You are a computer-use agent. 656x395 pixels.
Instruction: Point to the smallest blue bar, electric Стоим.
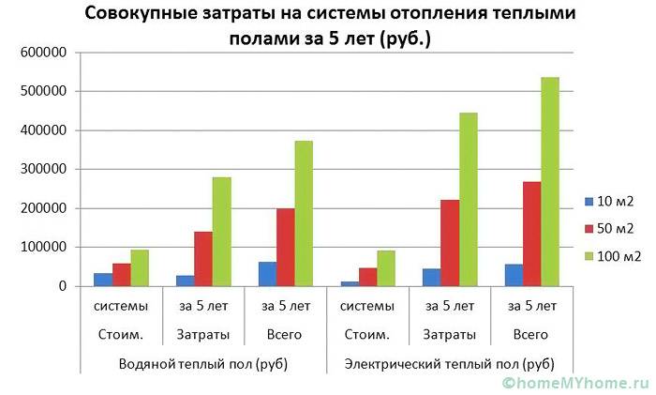[x=349, y=282]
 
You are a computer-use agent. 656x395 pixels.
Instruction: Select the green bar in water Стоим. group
[x=140, y=267]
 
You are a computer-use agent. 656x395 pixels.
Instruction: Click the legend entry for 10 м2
[x=609, y=201]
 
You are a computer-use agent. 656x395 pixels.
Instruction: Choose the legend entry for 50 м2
[x=609, y=228]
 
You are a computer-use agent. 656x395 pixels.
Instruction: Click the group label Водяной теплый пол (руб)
[x=203, y=363]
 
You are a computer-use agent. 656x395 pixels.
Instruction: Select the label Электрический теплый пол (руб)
[x=450, y=363]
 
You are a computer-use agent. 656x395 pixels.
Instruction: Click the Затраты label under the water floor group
[x=203, y=335]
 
